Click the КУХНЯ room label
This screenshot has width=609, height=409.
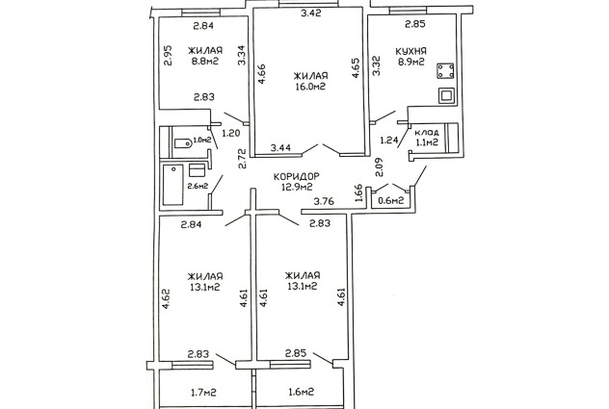[410, 51]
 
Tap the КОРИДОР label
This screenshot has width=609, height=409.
[297, 176]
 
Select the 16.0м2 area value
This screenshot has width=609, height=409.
[310, 87]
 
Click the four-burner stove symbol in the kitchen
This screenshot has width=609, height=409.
[445, 71]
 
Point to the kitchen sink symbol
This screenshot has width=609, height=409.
[446, 95]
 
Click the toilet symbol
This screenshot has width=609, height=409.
[182, 143]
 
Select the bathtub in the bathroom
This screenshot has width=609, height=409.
[172, 185]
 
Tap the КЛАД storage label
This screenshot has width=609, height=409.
[427, 132]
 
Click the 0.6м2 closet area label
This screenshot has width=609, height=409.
[391, 200]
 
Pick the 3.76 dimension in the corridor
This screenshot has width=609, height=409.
[324, 201]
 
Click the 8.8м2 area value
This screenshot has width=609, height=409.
[205, 61]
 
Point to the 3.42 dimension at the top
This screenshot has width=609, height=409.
[311, 13]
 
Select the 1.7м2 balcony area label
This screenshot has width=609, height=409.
[204, 393]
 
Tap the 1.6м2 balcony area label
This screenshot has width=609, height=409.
[301, 392]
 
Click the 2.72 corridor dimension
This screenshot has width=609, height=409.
[243, 159]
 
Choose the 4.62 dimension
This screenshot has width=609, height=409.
[166, 298]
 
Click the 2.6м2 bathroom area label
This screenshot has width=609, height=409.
[198, 186]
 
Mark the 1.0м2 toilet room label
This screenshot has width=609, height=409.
[202, 140]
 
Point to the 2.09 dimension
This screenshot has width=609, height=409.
[379, 166]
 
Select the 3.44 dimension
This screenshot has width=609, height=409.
[281, 147]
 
